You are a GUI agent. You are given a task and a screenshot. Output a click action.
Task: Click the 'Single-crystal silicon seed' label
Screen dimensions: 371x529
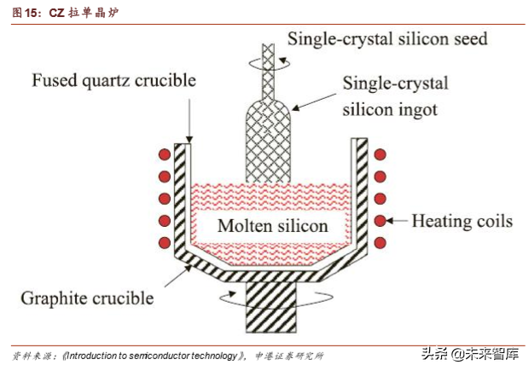coord(387,39)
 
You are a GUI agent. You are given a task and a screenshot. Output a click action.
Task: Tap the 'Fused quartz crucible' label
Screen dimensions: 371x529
coord(113,81)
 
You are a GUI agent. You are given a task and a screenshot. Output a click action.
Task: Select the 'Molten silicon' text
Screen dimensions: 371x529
coord(272,225)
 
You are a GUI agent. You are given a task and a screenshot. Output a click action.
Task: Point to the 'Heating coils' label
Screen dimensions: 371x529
coord(462,221)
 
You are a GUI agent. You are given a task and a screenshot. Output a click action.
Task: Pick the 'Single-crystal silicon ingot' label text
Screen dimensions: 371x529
coord(395,96)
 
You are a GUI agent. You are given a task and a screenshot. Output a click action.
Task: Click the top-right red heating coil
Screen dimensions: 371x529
coord(381,156)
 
